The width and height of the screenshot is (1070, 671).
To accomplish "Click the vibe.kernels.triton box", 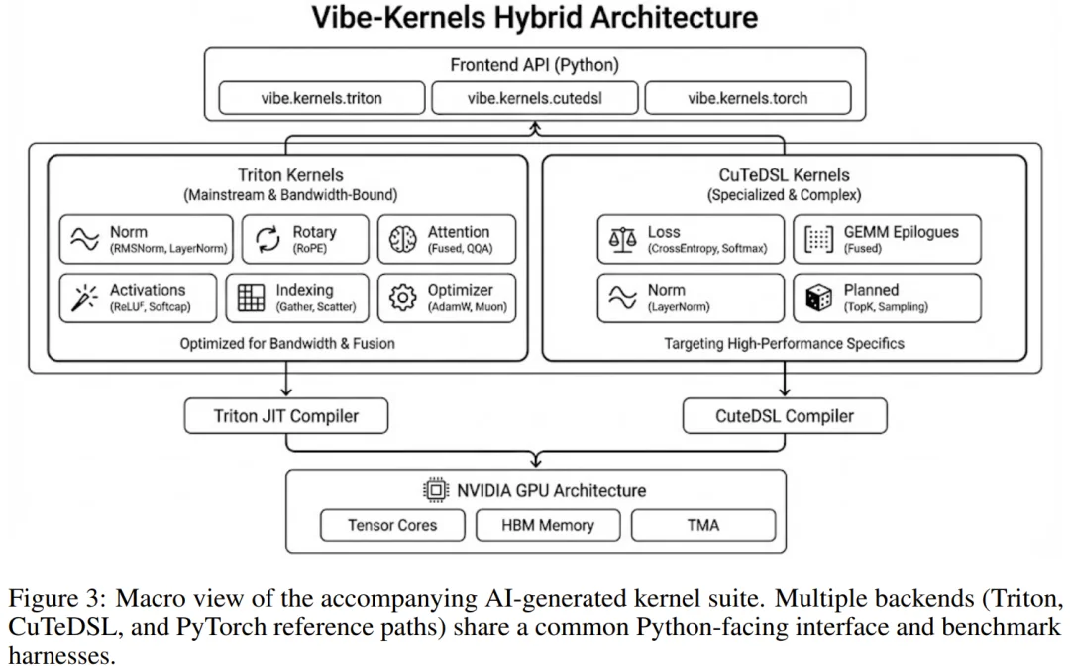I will pos(321,98).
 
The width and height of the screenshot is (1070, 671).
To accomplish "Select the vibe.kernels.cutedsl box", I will pos(535,98).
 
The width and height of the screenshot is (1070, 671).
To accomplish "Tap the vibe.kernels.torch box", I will pos(747,98).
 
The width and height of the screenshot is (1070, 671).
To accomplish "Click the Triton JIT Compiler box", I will pos(285,416).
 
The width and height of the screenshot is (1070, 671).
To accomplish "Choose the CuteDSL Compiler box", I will pos(784,416).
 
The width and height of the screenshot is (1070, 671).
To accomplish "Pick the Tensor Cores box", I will pos(392,525).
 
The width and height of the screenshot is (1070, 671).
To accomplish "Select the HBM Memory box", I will pos(548,525).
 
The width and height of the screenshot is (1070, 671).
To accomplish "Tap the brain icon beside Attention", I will pos(402,240).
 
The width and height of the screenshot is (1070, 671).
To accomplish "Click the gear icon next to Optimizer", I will pos(402,298).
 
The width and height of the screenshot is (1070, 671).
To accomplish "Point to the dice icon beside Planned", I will pos(818,298).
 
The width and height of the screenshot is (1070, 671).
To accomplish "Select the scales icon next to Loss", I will pos(622,240).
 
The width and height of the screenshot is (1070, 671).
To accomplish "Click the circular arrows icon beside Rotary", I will pos(267,240).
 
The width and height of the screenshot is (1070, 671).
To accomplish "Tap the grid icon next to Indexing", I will pos(252,298).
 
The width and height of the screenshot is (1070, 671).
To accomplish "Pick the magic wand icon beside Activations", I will pos(84,298).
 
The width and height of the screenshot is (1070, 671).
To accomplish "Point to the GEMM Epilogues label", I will pos(901,232).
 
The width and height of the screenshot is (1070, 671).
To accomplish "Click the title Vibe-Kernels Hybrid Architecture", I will pos(535,18).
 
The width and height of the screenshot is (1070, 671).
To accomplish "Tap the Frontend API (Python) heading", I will pos(534,66).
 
